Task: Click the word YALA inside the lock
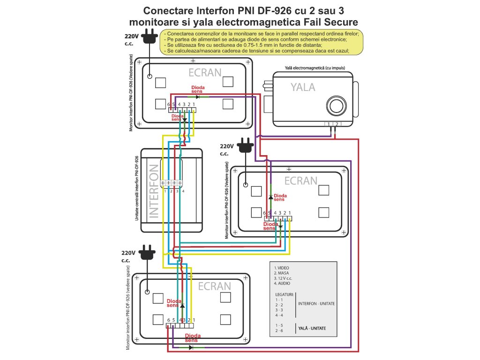coord(302,87)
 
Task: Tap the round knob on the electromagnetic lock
coord(336,104)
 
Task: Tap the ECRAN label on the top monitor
coord(205,73)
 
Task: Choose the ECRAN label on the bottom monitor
coord(214,286)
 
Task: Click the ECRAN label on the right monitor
coord(300,180)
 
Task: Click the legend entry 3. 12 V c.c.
coord(285,278)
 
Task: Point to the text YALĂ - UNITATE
coord(312,328)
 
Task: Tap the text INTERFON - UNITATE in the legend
coord(316,304)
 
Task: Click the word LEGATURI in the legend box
coord(285,294)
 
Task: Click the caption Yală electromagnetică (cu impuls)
coord(315,68)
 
